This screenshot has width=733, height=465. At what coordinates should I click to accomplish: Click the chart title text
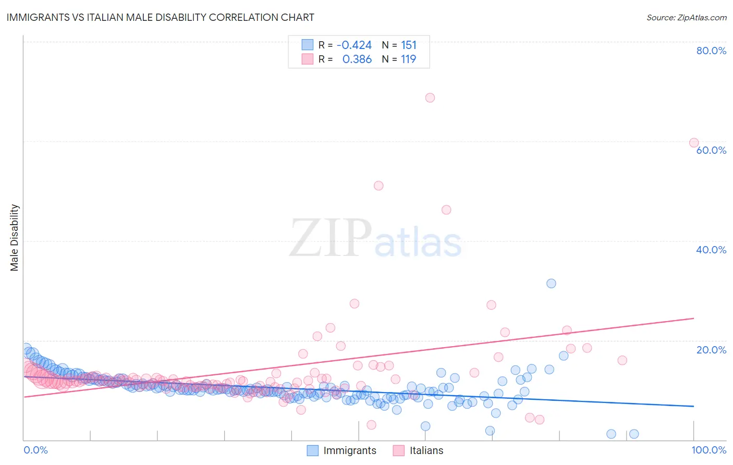(160, 17)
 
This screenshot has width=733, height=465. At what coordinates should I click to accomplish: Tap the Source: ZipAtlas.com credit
(686, 17)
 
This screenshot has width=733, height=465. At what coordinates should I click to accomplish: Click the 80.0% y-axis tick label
(711, 51)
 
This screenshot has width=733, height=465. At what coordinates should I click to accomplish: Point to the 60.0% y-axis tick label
(711, 150)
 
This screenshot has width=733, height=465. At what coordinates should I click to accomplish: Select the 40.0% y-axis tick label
(711, 250)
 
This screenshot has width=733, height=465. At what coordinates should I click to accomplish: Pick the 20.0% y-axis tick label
(711, 350)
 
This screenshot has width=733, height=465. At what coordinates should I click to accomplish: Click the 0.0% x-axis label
(35, 450)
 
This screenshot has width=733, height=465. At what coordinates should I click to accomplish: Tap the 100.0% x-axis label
(708, 450)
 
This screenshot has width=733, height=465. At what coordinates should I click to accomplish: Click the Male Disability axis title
(15, 237)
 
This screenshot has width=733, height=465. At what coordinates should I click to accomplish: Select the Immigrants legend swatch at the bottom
(312, 450)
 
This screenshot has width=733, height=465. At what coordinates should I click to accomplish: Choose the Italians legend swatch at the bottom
(399, 450)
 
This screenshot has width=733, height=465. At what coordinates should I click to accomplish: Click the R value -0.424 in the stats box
(354, 45)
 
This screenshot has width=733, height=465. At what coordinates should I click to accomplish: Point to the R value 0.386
(357, 59)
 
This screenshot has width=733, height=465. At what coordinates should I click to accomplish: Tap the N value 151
(408, 45)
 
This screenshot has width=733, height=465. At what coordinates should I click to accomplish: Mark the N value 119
(408, 59)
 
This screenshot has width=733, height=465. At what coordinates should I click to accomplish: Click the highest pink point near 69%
(430, 97)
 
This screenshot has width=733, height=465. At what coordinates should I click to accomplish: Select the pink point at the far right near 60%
(694, 143)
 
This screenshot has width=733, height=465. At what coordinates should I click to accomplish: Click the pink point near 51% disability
(378, 186)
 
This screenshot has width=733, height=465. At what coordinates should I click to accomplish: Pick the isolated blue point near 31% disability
(551, 284)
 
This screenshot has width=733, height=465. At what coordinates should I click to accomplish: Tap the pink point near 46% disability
(446, 210)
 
